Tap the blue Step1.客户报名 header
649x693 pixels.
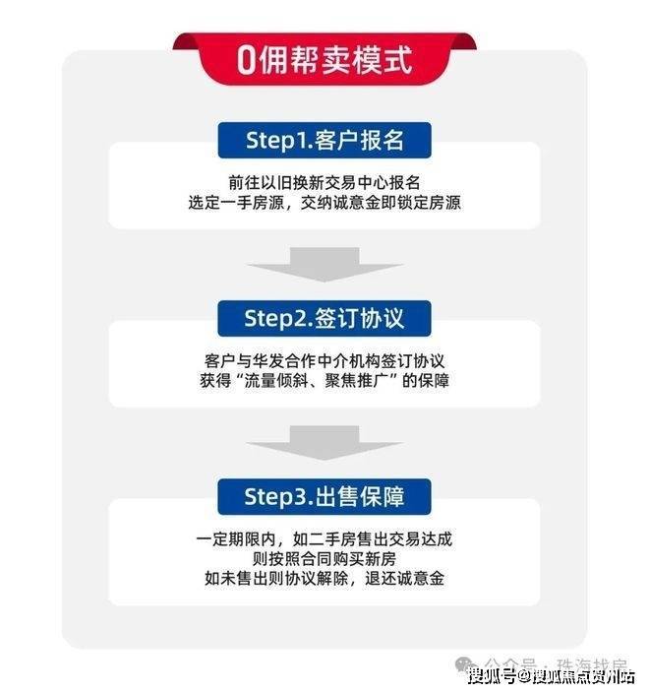tap(324, 140)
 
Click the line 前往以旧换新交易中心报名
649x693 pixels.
tap(324, 184)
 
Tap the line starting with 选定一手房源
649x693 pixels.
tap(324, 204)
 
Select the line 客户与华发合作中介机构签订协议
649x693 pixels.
tap(324, 360)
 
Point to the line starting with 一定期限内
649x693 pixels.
tap(324, 540)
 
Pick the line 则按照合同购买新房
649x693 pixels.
tap(324, 559)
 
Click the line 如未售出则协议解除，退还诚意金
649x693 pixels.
tap(324, 579)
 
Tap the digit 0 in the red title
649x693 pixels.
tap(247, 61)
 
